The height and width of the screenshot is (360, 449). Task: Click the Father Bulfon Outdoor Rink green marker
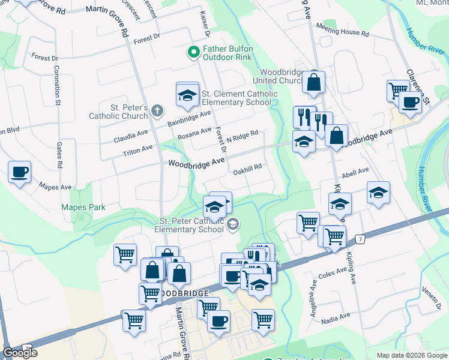(194, 53)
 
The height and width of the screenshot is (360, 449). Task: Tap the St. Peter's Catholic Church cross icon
(157, 110)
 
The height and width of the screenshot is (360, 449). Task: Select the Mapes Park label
(83, 208)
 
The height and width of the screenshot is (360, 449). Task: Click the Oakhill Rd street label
(248, 169)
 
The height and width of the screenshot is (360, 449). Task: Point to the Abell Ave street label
(355, 172)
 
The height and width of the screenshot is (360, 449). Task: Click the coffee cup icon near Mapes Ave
(19, 172)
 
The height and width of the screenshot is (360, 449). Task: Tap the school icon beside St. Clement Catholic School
(187, 95)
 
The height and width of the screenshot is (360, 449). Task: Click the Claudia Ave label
(130, 137)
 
